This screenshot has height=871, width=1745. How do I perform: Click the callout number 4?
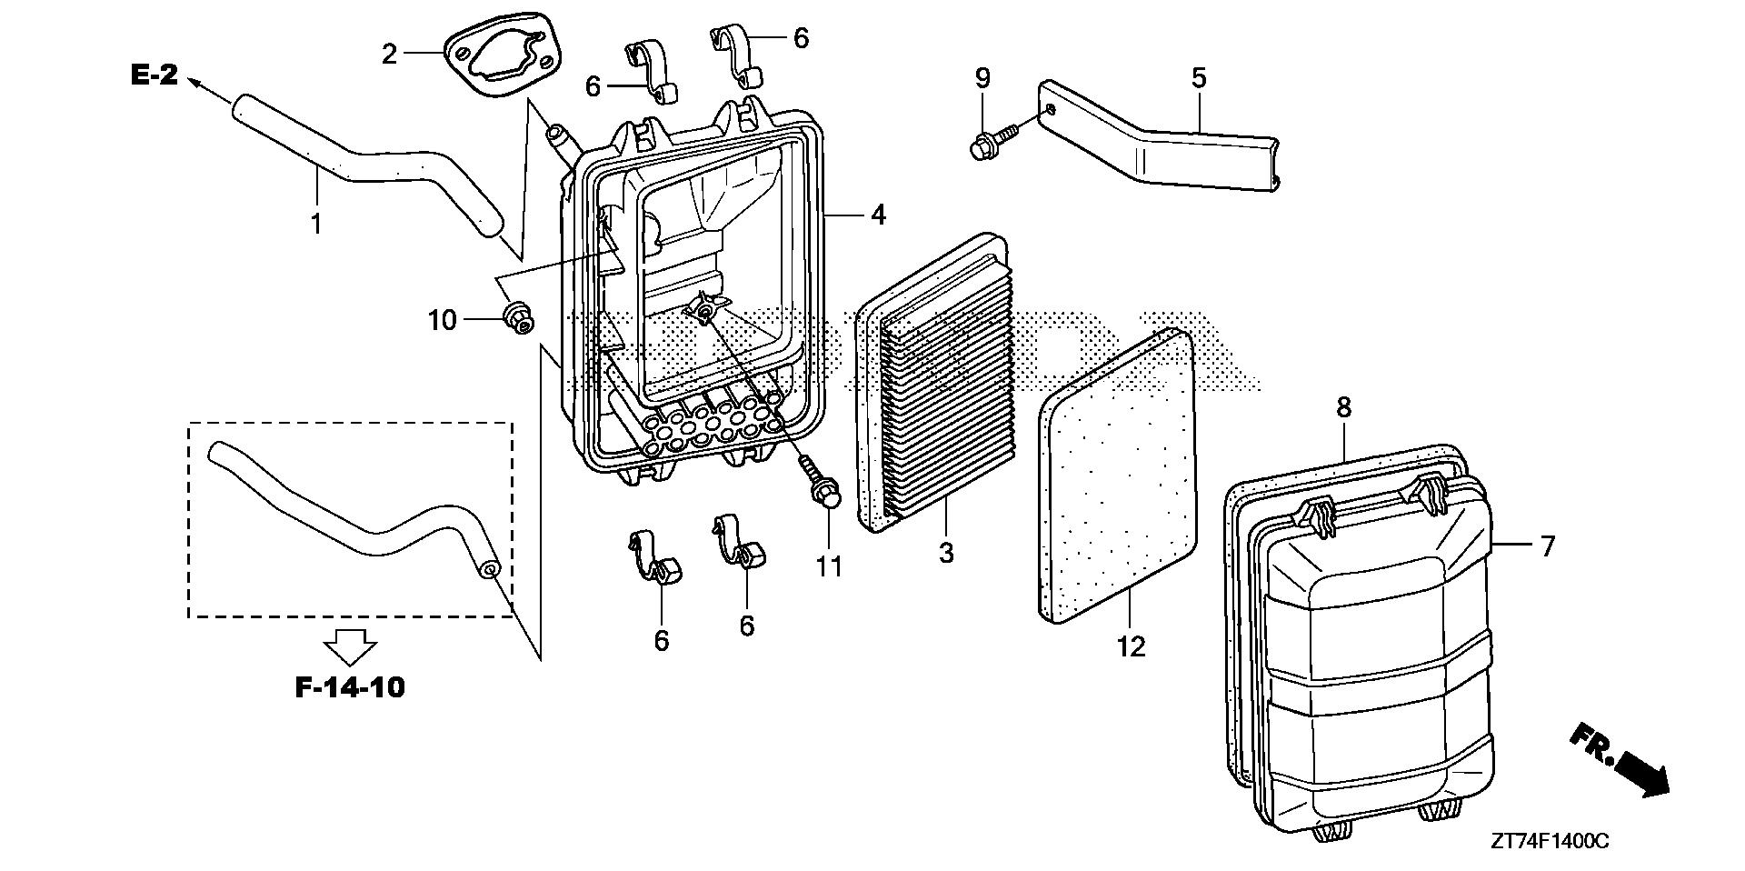877,215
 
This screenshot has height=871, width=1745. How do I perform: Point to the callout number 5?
1199,78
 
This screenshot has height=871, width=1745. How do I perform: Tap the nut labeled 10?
518,319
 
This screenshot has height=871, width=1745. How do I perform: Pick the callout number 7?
1546,546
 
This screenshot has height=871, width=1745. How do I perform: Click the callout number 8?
1343,408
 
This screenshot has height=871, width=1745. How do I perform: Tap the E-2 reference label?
155,76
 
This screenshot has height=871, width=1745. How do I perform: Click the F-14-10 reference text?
351,687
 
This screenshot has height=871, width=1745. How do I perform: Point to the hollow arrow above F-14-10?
351,647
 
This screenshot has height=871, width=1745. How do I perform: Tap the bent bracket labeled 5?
1172,155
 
